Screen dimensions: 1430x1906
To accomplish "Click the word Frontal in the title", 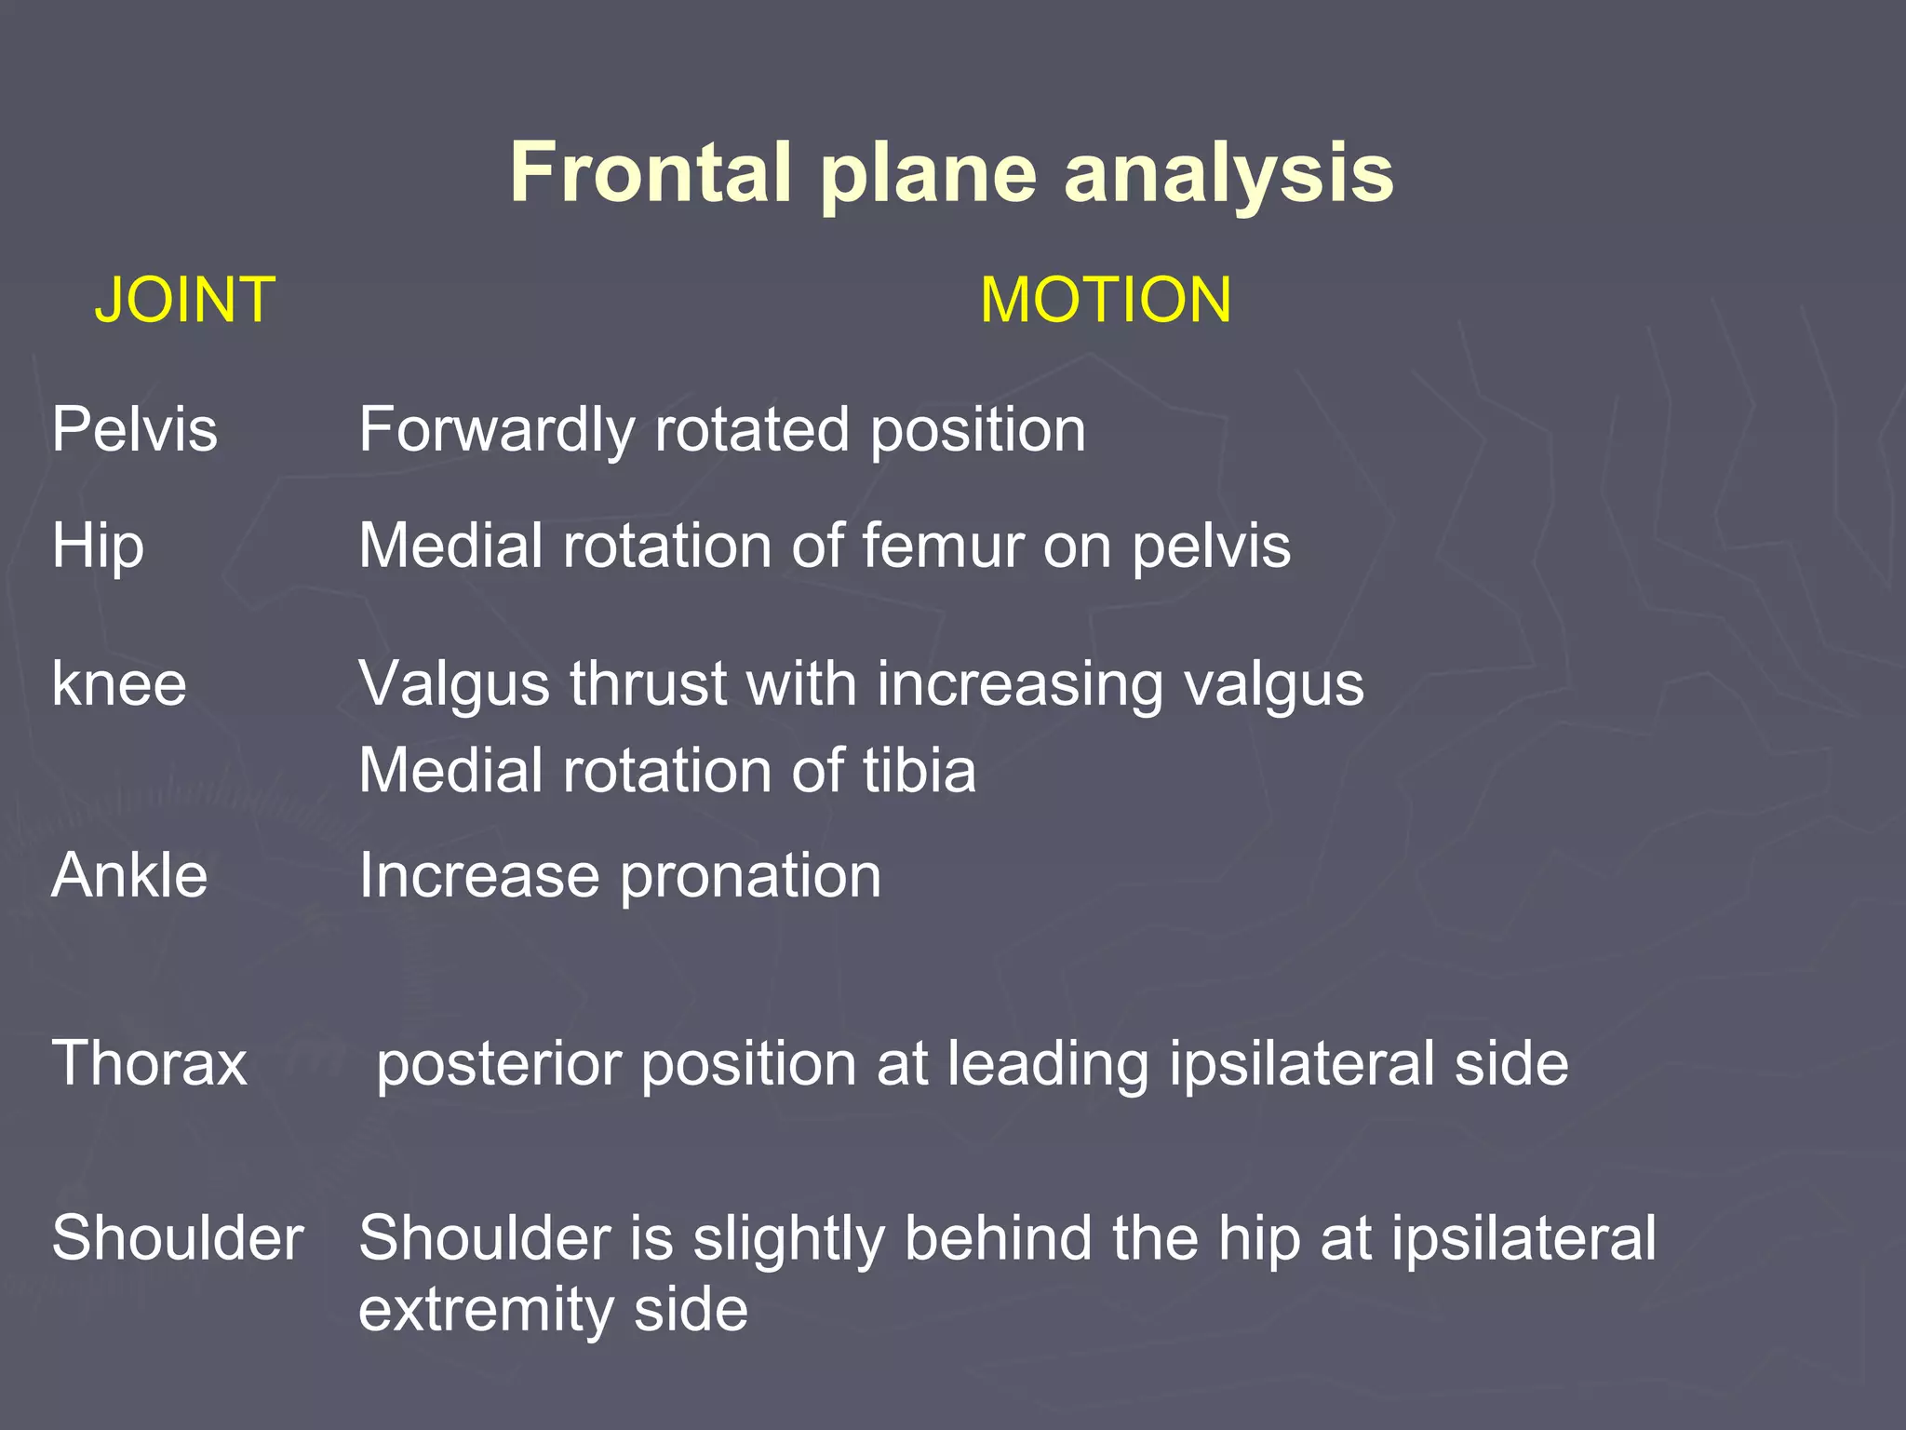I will (x=650, y=172).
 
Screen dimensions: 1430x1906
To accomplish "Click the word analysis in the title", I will (x=1228, y=174).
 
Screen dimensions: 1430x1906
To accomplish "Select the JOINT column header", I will (x=184, y=300).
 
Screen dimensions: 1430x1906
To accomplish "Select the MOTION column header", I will (x=1106, y=300).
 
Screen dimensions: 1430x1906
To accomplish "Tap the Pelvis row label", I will (x=134, y=429).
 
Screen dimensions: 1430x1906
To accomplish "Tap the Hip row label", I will (x=98, y=546).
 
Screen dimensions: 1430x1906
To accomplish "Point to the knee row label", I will (x=119, y=684).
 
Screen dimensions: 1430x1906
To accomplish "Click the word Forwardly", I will (x=496, y=431).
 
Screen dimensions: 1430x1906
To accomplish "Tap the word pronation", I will (x=750, y=877).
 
